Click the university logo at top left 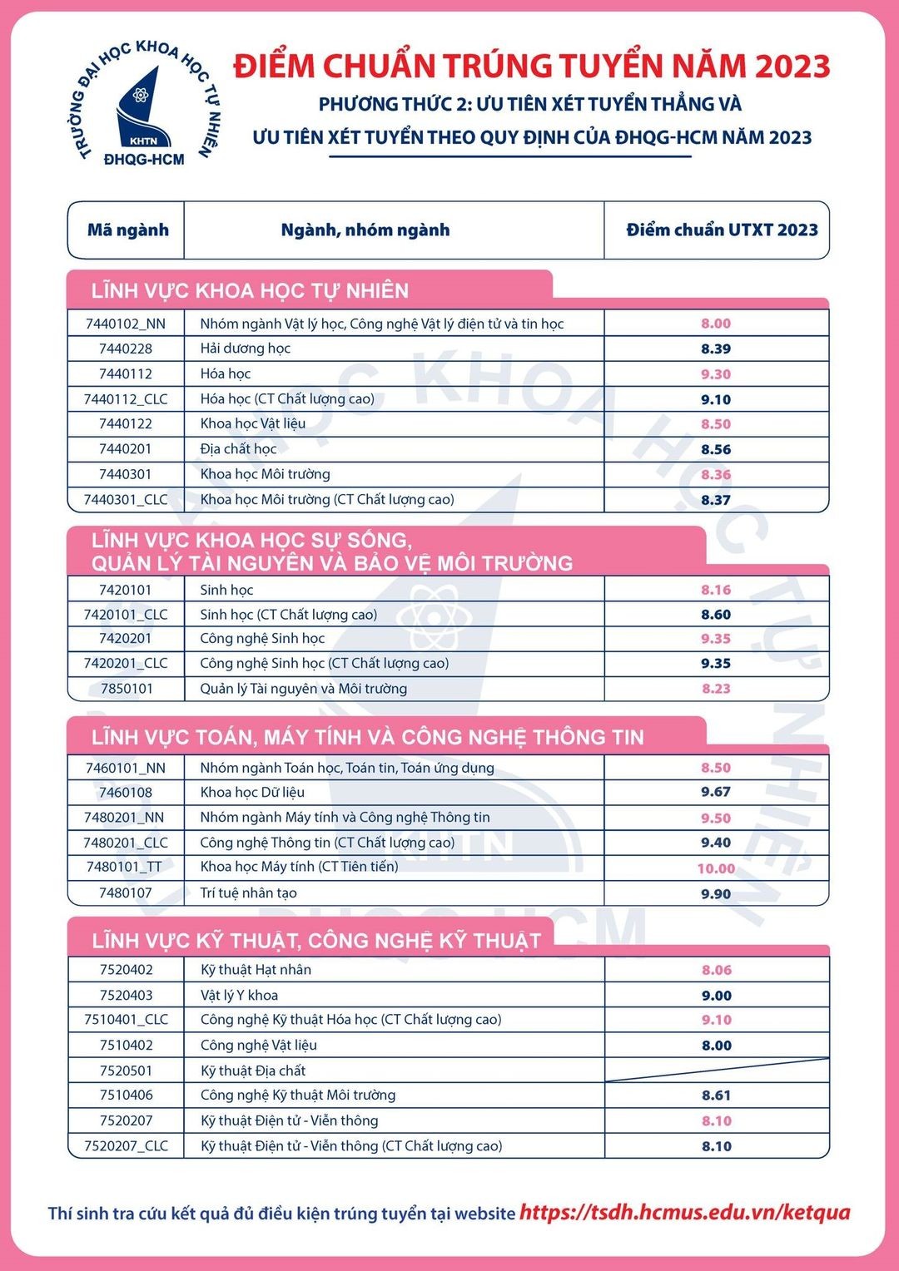[144, 102]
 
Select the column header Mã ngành [127, 230]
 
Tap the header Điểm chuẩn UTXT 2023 [722, 230]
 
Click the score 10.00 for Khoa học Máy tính [716, 868]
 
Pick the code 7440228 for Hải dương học [126, 349]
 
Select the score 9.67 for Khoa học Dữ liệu [716, 792]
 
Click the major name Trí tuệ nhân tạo [248, 893]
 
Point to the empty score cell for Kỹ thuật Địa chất [717, 1070]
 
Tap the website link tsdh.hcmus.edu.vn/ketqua [685, 1212]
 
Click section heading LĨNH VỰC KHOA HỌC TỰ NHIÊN [251, 291]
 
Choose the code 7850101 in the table [127, 689]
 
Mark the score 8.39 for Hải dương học [716, 349]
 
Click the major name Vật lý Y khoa [240, 996]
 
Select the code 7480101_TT [125, 868]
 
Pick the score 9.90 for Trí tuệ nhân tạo [716, 894]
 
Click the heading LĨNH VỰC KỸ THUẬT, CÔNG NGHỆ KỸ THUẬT [316, 941]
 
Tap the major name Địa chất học [238, 449]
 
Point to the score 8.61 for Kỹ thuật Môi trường [716, 1095]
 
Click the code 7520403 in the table [127, 996]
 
